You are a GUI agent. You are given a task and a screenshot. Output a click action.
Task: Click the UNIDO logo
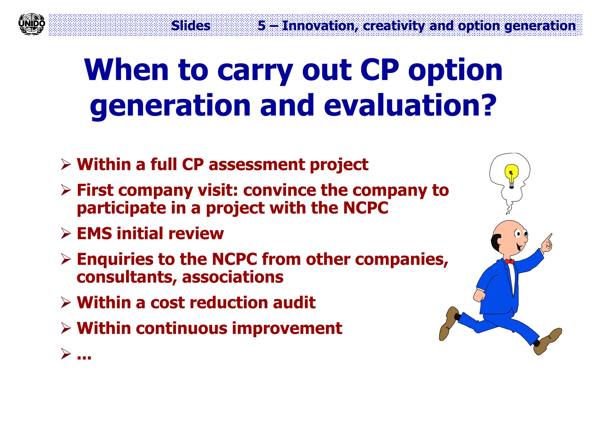click(x=32, y=24)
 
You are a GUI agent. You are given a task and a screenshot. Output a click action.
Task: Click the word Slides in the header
click(x=191, y=26)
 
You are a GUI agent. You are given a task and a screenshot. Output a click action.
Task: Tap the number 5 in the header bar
click(x=262, y=26)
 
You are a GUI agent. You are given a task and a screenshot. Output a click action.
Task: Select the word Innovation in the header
click(x=318, y=26)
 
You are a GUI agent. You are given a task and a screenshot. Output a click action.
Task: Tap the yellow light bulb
click(x=511, y=174)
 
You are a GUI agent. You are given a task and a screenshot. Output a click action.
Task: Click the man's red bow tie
click(x=510, y=262)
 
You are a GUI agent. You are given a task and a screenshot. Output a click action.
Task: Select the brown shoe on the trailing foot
click(x=448, y=323)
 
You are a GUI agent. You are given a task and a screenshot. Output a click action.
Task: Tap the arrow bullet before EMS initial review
click(x=66, y=233)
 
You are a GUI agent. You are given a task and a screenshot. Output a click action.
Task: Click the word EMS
click(x=94, y=233)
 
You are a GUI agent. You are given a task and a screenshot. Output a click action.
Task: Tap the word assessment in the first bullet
click(x=257, y=164)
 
